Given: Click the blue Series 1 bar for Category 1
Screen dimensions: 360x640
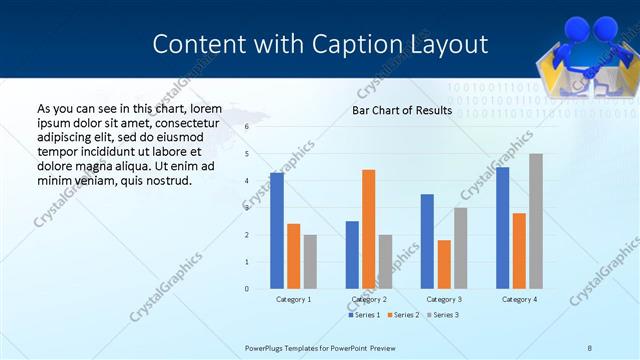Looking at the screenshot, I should tap(276, 231).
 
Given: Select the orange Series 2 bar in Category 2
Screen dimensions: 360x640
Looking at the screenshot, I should tap(368, 229).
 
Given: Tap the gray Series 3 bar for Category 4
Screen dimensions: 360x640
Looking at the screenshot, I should tap(536, 221).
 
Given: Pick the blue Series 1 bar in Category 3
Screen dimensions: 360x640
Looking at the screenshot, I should tap(427, 241).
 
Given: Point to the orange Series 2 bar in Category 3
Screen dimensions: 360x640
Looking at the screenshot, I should tap(444, 264).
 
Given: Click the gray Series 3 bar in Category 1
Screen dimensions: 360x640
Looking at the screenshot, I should tap(310, 262).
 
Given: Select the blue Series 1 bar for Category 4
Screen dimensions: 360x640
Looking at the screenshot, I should tap(502, 228).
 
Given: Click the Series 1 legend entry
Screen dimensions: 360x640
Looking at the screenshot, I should tap(364, 315).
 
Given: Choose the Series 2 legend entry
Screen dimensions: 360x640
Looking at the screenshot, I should tap(402, 315).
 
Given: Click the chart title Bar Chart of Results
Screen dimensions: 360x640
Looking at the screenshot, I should tap(401, 111).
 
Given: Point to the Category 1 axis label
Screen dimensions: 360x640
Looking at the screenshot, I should tap(293, 299).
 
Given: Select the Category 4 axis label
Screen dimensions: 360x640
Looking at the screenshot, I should tap(519, 299).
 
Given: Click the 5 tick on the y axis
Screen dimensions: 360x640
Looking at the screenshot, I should tap(247, 154).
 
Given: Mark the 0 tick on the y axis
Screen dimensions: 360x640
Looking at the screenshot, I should tap(247, 289).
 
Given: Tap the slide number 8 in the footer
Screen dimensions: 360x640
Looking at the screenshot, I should tap(590, 348).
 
